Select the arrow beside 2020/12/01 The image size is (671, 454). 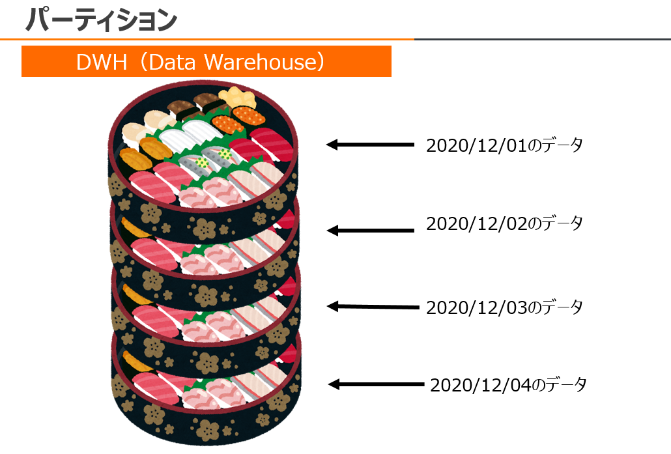[x=369, y=145]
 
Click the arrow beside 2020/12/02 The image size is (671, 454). [x=369, y=230]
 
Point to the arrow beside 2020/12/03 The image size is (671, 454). [x=371, y=306]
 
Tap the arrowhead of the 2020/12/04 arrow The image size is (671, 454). [x=334, y=384]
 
